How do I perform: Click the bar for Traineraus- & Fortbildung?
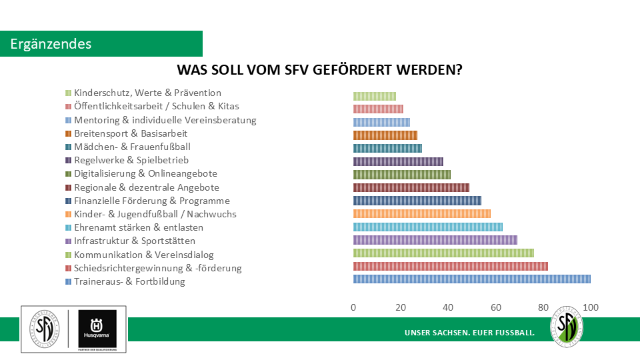coord(471,279)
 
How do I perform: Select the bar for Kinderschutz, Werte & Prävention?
coord(374,96)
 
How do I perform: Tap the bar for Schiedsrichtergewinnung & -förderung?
coord(450,266)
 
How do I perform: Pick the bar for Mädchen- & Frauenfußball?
coord(387,148)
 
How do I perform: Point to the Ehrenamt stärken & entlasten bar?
coord(427,227)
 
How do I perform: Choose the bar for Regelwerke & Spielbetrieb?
coord(398,161)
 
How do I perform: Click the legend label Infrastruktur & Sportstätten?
coord(135,241)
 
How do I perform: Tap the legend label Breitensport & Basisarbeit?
coord(131,133)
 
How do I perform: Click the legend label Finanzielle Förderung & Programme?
coord(152,201)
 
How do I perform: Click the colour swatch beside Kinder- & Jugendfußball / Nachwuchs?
coord(68,214)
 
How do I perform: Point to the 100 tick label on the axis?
coord(591,307)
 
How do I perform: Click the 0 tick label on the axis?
coord(353,307)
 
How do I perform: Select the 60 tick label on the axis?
coord(496,307)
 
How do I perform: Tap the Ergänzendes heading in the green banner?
coord(51,44)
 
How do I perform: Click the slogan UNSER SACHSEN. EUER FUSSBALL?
coord(469,332)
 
